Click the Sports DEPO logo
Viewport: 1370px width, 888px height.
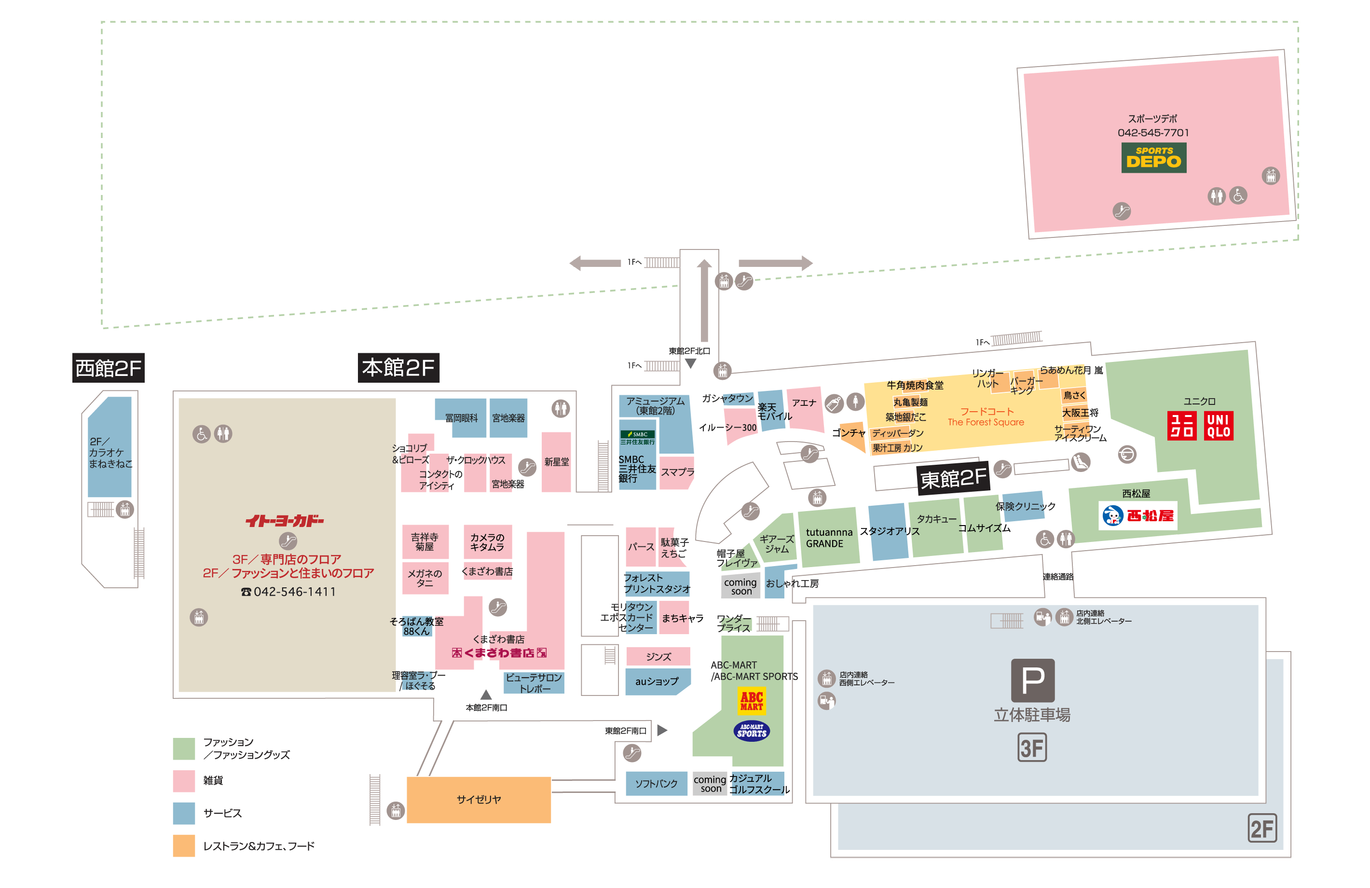pyautogui.click(x=1153, y=157)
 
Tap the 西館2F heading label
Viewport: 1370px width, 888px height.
pyautogui.click(x=108, y=367)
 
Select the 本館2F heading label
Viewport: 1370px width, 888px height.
pyautogui.click(x=398, y=367)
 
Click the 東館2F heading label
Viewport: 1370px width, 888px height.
pyautogui.click(x=953, y=478)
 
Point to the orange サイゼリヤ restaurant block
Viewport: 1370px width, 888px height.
pyautogui.click(x=479, y=799)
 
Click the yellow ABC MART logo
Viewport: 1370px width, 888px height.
pyautogui.click(x=751, y=701)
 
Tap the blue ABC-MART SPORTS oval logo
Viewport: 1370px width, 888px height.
pyautogui.click(x=751, y=731)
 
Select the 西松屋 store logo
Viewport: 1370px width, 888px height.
pyautogui.click(x=1137, y=515)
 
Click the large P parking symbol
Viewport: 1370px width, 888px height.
pyautogui.click(x=1033, y=680)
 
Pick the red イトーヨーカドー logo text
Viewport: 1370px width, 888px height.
pyautogui.click(x=285, y=521)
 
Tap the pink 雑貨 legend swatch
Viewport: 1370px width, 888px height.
pyautogui.click(x=184, y=780)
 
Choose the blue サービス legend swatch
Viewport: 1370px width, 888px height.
pyautogui.click(x=184, y=813)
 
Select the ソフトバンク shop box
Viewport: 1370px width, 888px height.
pyautogui.click(x=656, y=784)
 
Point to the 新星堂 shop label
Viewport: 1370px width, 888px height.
pyautogui.click(x=556, y=462)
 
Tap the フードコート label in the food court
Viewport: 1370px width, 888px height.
pyautogui.click(x=986, y=411)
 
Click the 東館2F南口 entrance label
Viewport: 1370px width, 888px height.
pyautogui.click(x=625, y=731)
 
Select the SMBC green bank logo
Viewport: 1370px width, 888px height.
pyautogui.click(x=637, y=438)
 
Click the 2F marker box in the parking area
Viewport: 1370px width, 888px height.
pyautogui.click(x=1262, y=829)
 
